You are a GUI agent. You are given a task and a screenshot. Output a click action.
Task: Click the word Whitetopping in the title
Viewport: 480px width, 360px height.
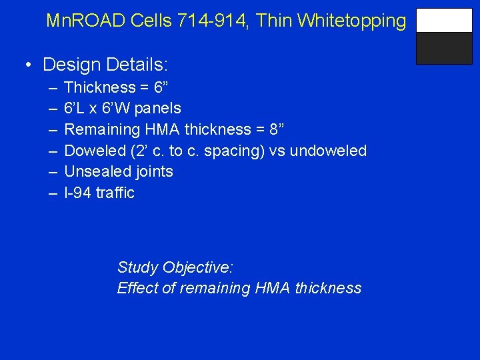coord(351,21)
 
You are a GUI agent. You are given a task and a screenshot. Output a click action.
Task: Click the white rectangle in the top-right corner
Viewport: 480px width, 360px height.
coord(444,21)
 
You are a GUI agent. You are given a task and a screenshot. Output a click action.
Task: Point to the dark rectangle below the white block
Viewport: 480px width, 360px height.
coord(444,48)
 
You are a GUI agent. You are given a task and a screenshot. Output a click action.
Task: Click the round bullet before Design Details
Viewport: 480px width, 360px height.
coord(29,65)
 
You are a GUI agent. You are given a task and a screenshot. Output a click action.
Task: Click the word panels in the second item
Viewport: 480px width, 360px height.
coord(158,108)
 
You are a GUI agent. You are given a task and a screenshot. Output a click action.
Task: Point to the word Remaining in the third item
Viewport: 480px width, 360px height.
coord(96,129)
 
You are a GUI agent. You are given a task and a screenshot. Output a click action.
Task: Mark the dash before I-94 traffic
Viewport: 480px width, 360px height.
coord(53,193)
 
